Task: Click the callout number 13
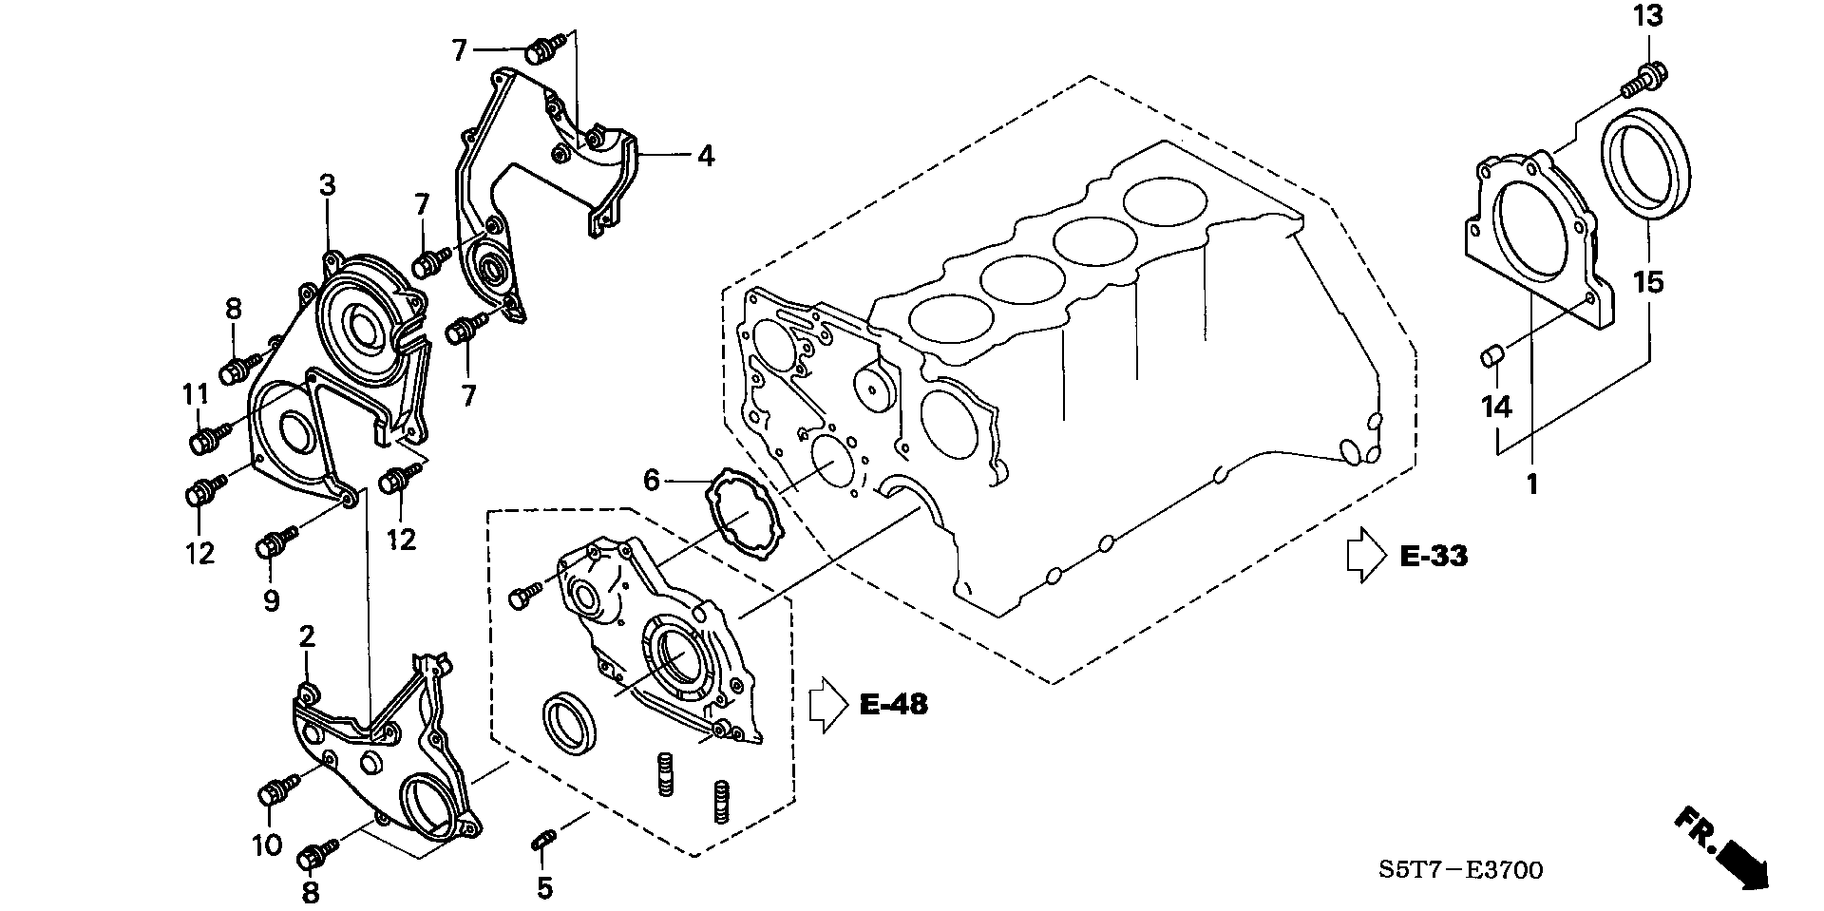coord(1650,17)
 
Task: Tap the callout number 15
coord(1649,282)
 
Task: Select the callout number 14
coord(1496,408)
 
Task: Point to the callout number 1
coord(1531,484)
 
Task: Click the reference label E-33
coord(1434,557)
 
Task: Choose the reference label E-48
coord(893,704)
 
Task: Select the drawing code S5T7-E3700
coord(1463,870)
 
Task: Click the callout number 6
coord(651,481)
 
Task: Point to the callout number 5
coord(544,888)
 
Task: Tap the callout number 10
coord(267,844)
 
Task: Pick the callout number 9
coord(271,600)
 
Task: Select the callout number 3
coord(328,186)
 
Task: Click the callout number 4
coord(705,155)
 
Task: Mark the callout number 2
coord(307,636)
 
